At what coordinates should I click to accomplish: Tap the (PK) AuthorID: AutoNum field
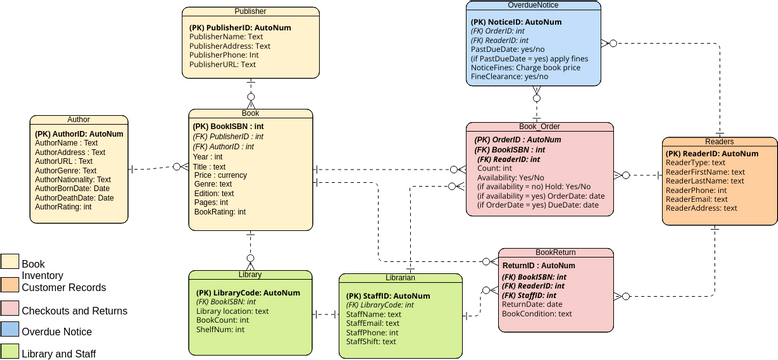[79, 133]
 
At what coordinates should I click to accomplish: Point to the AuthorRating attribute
[63, 207]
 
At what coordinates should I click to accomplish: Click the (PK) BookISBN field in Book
[230, 127]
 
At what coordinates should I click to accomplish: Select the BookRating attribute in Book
[220, 213]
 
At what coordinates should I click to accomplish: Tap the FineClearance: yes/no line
[510, 76]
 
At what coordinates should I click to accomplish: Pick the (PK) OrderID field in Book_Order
[519, 140]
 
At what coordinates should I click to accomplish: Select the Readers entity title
[719, 142]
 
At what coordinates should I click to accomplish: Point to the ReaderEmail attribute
[698, 199]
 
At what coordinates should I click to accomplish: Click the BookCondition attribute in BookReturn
[536, 313]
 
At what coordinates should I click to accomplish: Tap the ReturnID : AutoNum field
[538, 266]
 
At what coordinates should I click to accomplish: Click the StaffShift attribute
[372, 342]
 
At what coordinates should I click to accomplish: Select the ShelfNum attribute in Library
[221, 329]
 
